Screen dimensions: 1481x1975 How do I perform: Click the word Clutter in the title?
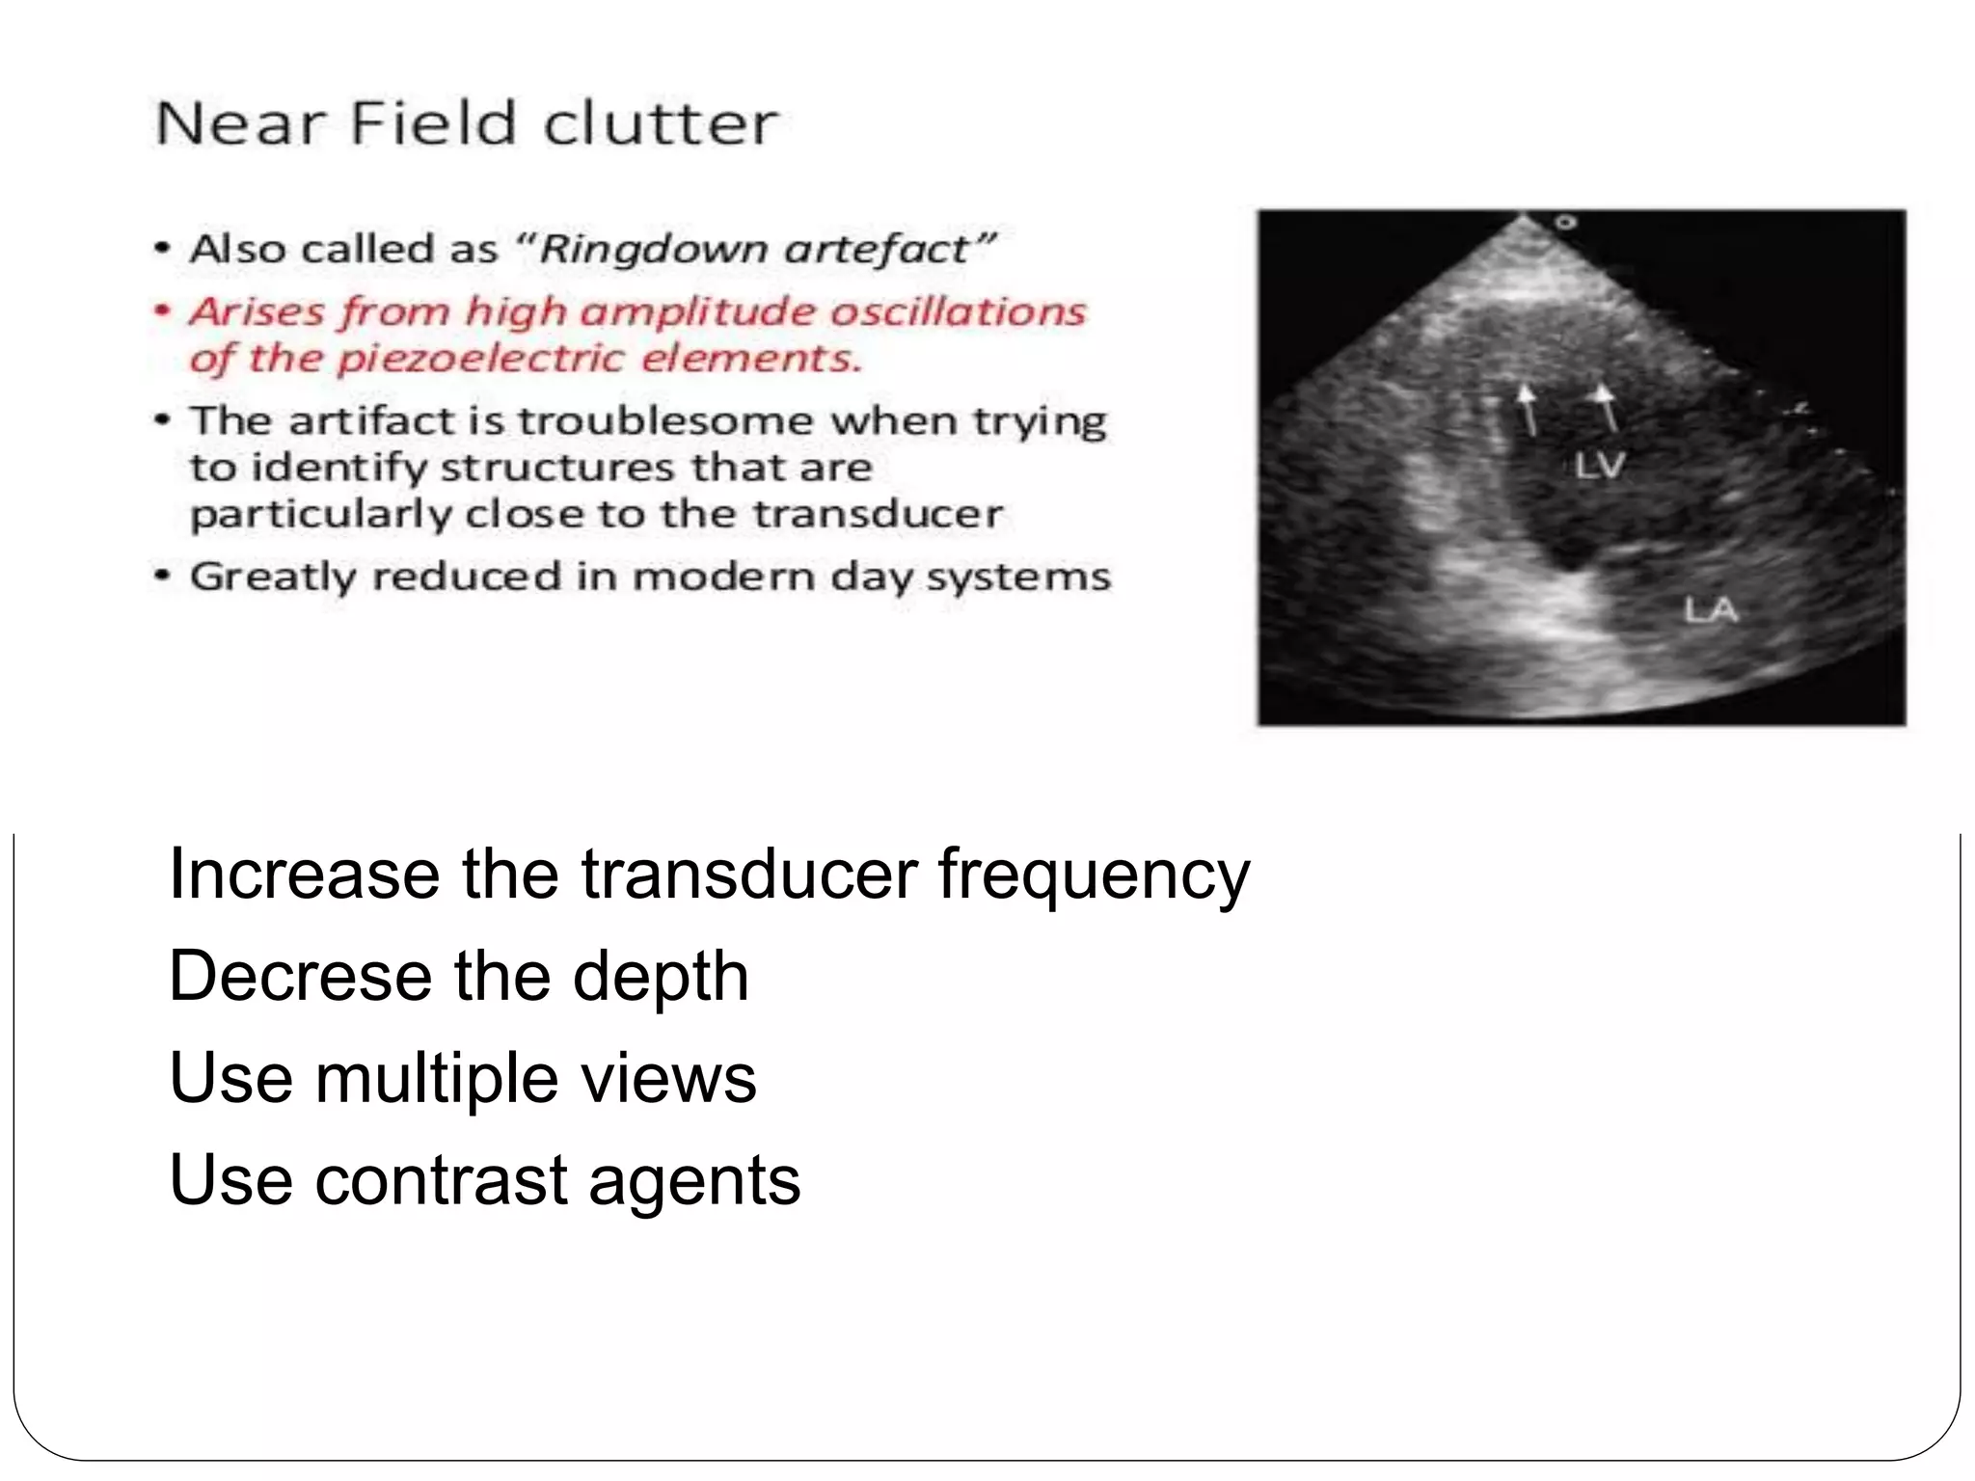click(660, 124)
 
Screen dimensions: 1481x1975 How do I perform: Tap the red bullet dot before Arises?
click(164, 310)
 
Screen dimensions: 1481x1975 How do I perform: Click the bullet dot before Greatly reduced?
click(164, 576)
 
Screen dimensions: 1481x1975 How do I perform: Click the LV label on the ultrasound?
click(1599, 467)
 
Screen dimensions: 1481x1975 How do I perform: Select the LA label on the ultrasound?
click(1710, 609)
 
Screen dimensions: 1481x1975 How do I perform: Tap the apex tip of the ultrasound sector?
click(1523, 218)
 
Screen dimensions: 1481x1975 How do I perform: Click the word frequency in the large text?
click(1094, 874)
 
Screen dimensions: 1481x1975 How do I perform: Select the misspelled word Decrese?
click(300, 976)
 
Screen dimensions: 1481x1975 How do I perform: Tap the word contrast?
click(441, 1180)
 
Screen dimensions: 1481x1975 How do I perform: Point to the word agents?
click(694, 1182)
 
